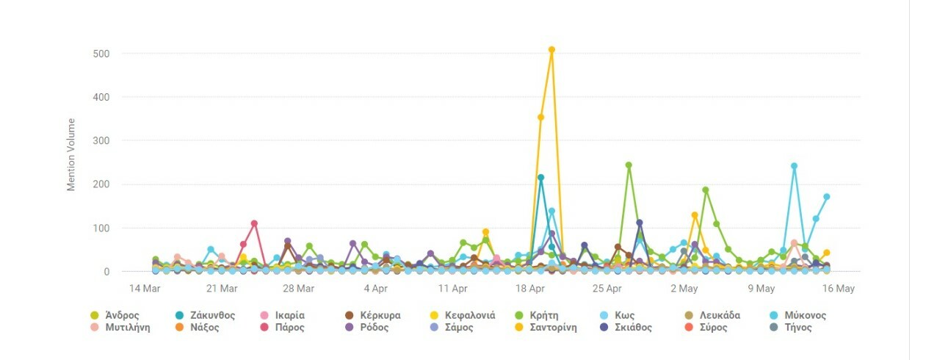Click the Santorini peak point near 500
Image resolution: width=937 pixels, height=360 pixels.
551,50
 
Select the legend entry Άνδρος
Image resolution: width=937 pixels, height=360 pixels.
116,315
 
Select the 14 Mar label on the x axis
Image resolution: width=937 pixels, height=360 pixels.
145,289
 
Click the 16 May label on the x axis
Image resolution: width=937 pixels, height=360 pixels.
839,289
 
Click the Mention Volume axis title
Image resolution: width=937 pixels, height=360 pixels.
72,154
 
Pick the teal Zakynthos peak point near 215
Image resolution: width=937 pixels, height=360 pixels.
540,177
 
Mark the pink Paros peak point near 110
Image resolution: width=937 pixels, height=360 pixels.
254,223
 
